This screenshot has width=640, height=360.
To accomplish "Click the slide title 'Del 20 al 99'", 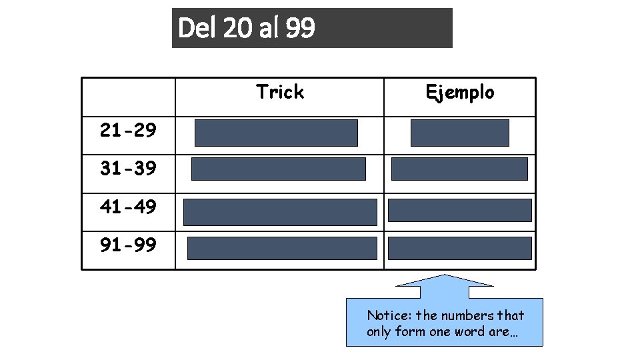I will coord(247,28).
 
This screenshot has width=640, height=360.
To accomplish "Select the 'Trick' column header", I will coord(279,92).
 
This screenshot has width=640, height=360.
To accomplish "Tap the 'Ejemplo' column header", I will coord(460,92).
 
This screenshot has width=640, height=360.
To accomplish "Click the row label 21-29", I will coord(128,131).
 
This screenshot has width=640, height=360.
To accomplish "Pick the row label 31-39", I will coord(128,169).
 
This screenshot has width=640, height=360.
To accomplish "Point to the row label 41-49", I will coord(128,207).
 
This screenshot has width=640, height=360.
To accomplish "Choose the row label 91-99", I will coord(128,245).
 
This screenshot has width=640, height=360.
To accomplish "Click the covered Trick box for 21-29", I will coord(276,133).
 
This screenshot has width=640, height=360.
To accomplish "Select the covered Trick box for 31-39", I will coord(279,169).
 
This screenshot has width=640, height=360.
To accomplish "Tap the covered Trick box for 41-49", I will coord(280,212).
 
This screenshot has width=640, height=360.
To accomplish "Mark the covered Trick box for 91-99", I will coord(282,248).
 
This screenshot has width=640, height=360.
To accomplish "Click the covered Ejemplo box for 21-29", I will coord(459,133).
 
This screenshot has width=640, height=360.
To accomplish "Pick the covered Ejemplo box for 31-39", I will coord(459,169).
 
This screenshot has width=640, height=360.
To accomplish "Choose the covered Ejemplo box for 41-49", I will coord(459,211).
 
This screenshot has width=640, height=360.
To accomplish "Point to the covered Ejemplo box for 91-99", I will coord(459,248).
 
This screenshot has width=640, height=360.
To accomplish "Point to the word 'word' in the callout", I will coord(468,331).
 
